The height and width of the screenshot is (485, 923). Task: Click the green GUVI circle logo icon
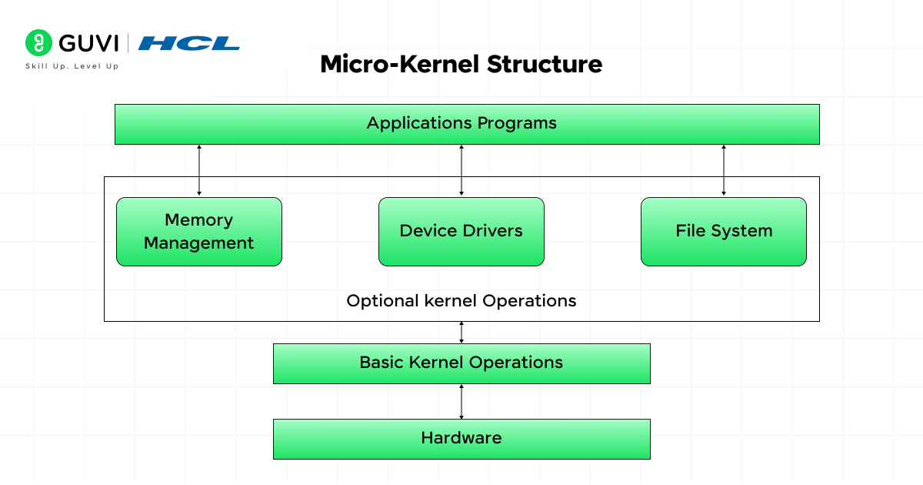(38, 42)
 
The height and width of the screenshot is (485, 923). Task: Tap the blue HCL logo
(188, 43)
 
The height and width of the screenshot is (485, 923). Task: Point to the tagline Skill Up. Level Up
(72, 66)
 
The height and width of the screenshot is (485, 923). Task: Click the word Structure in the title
(545, 65)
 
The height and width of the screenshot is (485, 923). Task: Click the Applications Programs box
(467, 124)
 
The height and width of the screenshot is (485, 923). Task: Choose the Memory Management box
(199, 232)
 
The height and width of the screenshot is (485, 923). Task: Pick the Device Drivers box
(461, 232)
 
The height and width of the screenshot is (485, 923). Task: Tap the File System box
(724, 232)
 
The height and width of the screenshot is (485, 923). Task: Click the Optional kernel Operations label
(461, 301)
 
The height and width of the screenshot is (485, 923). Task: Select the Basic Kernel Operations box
(461, 363)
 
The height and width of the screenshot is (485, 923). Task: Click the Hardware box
(461, 439)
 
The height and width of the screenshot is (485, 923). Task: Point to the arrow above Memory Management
(199, 170)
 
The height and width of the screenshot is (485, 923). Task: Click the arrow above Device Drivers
(461, 170)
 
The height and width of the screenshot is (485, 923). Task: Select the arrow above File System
(724, 170)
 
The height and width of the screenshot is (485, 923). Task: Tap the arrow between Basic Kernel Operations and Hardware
(461, 402)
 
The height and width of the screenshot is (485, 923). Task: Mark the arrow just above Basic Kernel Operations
(461, 332)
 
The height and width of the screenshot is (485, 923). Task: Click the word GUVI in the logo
(88, 43)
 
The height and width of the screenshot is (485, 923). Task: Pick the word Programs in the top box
(517, 123)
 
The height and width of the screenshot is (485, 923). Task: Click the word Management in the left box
(198, 243)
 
